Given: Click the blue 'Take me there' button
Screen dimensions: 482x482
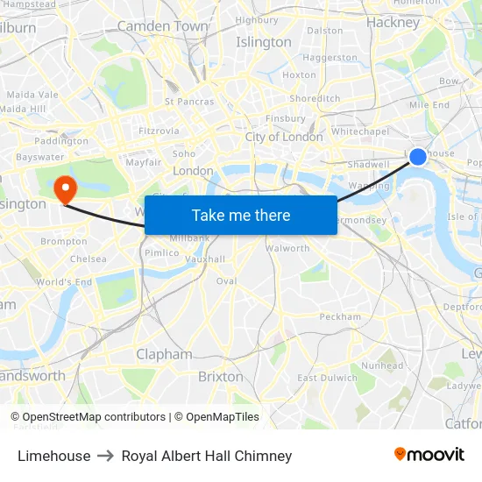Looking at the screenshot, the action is (x=241, y=215).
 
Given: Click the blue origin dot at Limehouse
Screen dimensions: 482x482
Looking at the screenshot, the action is (x=418, y=157).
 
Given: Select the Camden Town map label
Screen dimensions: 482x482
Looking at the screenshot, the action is (x=162, y=26).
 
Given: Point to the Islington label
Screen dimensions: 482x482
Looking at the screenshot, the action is (x=264, y=42).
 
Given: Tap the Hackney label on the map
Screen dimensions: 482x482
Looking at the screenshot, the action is (x=393, y=23).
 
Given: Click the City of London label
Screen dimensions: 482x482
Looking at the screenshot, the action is (x=284, y=137).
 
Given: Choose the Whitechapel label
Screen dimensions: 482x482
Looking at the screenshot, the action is (x=360, y=131).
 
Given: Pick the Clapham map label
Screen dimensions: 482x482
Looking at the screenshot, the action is (x=164, y=354).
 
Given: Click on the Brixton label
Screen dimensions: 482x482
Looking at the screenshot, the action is (x=221, y=376).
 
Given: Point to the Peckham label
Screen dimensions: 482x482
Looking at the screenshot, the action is (x=340, y=316).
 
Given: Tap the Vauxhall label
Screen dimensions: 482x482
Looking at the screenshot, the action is (x=205, y=259).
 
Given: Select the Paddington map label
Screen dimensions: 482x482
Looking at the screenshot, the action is (x=61, y=141).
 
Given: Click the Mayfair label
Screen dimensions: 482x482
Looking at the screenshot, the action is (x=143, y=162).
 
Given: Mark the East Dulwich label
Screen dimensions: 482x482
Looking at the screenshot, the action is (x=328, y=378).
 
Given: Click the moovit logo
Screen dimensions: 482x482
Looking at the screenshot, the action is (x=429, y=455).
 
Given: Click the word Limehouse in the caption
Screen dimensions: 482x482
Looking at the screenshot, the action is (x=53, y=456).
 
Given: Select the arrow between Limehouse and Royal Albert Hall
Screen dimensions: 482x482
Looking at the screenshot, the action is (x=106, y=456).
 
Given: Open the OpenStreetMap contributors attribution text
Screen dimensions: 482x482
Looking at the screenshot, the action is (x=94, y=417).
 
